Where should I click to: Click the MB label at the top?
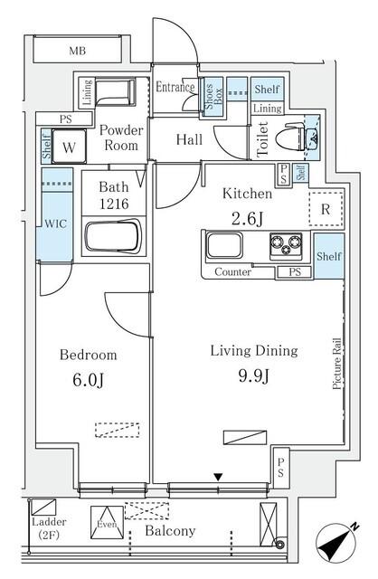click(80, 52)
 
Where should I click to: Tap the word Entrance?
click(175, 88)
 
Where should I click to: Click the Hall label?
click(189, 139)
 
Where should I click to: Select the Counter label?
click(232, 271)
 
